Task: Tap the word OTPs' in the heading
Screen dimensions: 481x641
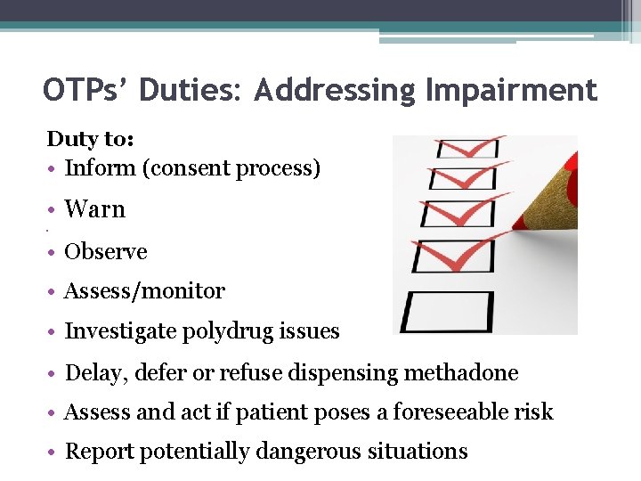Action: (87, 91)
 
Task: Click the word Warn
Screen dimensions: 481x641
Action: (95, 209)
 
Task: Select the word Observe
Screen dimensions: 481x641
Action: (106, 252)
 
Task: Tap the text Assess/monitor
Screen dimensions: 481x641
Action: (145, 291)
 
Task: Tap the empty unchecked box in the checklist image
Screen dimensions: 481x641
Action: (447, 311)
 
